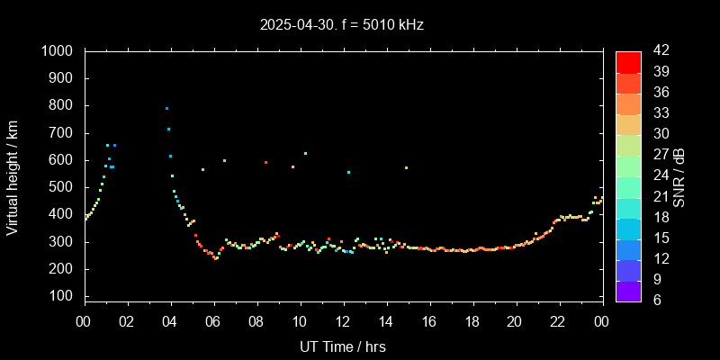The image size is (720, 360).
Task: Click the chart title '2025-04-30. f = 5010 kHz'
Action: tap(340, 25)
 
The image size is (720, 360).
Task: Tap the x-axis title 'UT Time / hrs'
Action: tap(343, 346)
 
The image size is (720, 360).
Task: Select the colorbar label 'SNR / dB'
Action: tap(679, 176)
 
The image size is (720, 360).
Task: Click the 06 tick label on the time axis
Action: tap(213, 322)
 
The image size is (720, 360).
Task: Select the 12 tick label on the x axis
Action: tap(343, 322)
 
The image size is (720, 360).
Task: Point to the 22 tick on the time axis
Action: tap(558, 322)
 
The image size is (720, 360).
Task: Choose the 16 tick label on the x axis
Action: tap(429, 322)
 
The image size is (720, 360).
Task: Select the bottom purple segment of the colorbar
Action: tap(628, 290)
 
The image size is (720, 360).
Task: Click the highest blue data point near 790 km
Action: tap(166, 108)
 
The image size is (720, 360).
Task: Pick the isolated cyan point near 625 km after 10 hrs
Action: tap(306, 153)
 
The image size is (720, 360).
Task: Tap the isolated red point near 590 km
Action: tap(265, 163)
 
